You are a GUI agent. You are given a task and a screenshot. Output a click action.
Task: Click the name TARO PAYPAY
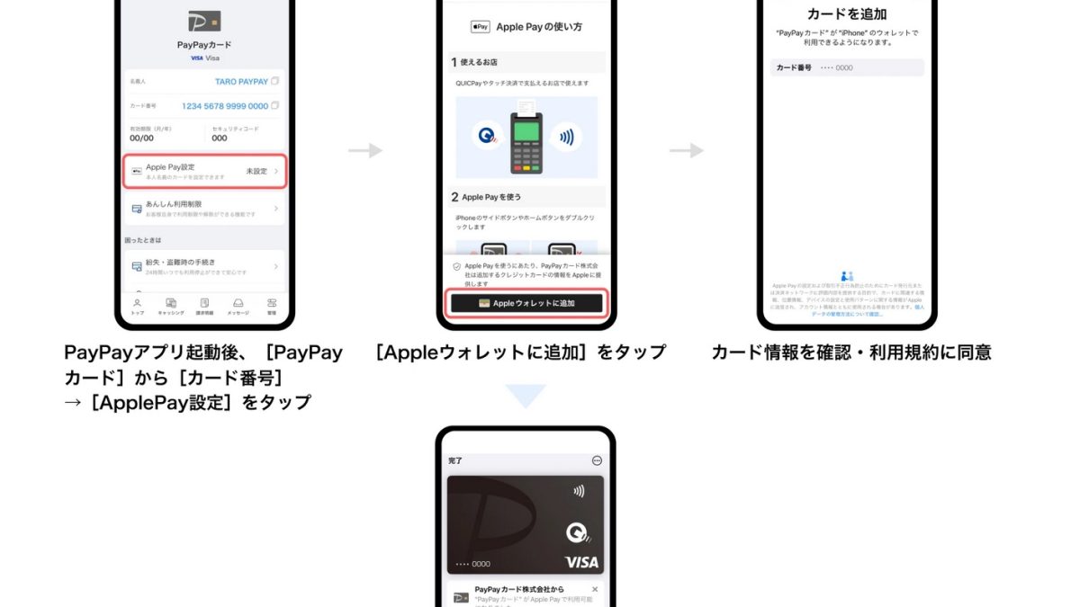241,82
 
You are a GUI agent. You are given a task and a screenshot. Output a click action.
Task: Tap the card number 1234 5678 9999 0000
225,106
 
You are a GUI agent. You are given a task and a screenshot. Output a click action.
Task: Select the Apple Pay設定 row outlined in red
204,171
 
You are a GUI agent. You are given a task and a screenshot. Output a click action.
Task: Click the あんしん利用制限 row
204,209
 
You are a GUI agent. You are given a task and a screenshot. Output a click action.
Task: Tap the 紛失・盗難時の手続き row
204,266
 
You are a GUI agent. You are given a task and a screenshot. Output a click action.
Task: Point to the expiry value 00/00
141,138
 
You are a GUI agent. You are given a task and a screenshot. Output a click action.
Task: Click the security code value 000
220,138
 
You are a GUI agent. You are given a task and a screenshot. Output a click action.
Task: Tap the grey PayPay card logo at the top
204,21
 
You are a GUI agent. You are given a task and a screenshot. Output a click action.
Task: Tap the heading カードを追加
847,14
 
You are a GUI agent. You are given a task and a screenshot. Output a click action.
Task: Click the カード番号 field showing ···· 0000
847,67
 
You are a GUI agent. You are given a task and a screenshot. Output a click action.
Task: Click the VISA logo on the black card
581,562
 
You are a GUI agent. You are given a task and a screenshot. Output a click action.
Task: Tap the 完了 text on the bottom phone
455,460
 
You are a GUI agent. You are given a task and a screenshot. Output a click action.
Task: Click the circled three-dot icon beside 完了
597,460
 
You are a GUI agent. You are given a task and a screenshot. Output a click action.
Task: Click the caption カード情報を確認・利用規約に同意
850,353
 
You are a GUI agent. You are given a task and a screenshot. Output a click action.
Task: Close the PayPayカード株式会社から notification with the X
595,589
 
